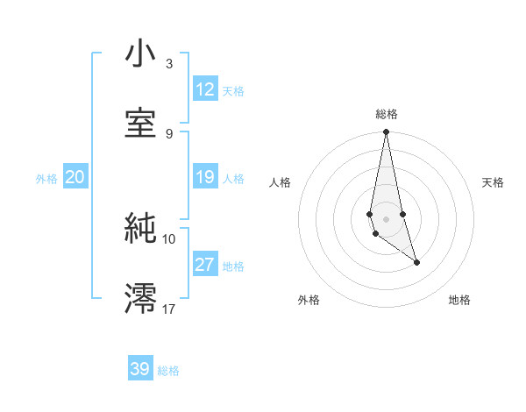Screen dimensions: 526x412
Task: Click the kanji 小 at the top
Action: click(140, 55)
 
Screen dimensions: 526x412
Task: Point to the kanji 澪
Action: click(140, 297)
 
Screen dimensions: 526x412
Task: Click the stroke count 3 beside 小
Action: click(168, 64)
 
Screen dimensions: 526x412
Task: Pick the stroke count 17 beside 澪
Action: click(169, 308)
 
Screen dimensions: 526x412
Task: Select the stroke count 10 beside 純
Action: click(169, 238)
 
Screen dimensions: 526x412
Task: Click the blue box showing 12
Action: click(205, 89)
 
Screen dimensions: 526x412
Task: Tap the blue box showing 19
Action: click(205, 177)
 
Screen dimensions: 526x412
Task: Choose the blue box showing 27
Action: click(205, 265)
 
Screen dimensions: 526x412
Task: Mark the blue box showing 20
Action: click(75, 177)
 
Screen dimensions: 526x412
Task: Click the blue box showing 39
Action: click(140, 369)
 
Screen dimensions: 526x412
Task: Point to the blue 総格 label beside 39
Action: click(168, 371)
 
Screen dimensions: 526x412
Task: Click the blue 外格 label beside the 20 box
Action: click(46, 179)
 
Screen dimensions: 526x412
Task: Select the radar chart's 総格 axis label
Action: click(386, 114)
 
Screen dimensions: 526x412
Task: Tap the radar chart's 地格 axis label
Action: click(459, 300)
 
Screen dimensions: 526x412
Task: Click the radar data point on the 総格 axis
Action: click(386, 132)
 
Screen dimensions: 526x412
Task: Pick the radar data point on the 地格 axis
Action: click(416, 262)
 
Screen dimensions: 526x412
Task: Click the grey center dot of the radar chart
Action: click(386, 218)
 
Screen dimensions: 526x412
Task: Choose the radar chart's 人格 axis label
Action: click(281, 182)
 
